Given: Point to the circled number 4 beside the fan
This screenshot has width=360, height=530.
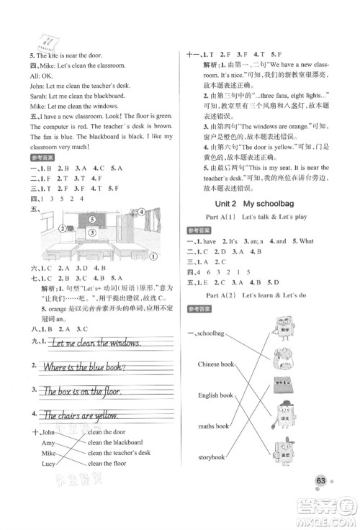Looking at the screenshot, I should coord(143,233).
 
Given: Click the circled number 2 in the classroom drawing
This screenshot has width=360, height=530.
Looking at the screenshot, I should coord(63,249).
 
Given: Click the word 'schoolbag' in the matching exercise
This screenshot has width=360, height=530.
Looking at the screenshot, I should coord(216,315).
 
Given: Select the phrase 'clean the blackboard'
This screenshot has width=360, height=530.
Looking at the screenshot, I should coord(115,442).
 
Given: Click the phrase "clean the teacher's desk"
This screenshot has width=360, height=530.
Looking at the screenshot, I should coord(120,453).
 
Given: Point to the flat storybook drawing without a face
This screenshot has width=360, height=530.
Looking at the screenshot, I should coord(284,383).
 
